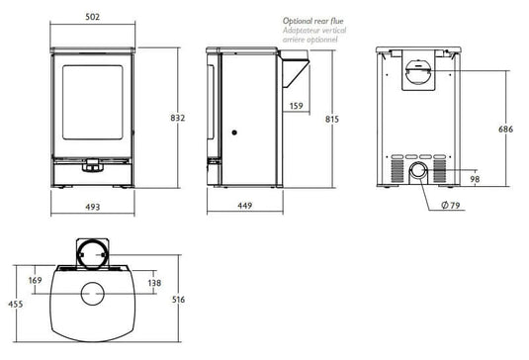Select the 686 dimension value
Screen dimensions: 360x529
(x=505, y=130)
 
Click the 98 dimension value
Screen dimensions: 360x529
(x=475, y=178)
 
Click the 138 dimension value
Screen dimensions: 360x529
(x=153, y=283)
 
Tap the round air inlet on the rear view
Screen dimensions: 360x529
(x=421, y=172)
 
